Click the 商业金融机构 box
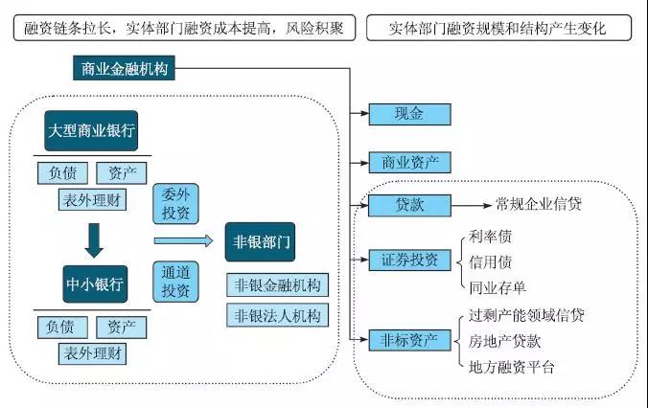click(x=124, y=69)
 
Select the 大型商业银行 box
click(x=92, y=131)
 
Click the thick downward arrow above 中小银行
click(x=93, y=239)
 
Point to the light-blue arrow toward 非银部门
click(x=183, y=241)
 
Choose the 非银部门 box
click(x=260, y=242)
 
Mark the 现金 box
click(x=408, y=114)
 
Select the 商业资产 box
click(x=408, y=162)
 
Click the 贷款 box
click(x=408, y=205)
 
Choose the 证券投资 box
click(x=408, y=260)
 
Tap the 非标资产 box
click(x=408, y=339)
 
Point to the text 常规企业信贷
click(x=538, y=204)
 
